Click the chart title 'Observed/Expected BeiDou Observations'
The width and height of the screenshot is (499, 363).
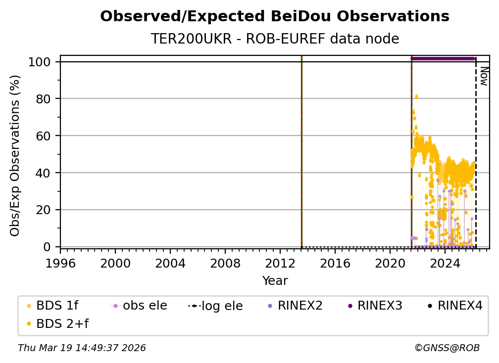click(275, 17)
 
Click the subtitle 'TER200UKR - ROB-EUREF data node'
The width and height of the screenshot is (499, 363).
click(275, 39)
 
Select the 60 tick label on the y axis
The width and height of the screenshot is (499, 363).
click(44, 136)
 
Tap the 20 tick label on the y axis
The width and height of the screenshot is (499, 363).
click(44, 210)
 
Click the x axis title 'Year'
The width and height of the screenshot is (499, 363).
click(275, 281)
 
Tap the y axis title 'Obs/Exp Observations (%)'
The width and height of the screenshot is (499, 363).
click(15, 155)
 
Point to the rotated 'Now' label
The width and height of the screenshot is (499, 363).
click(484, 76)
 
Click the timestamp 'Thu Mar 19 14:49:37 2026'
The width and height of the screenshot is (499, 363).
click(82, 348)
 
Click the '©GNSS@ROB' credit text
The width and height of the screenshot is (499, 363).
click(447, 348)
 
